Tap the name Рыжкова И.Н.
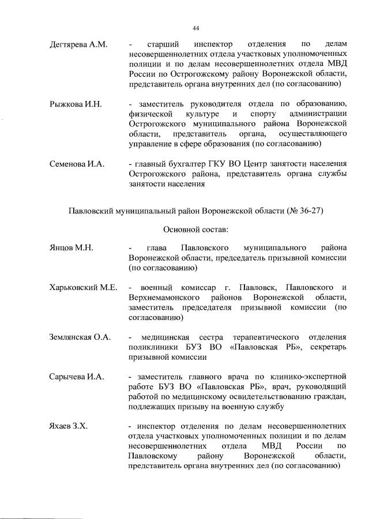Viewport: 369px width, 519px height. click(x=76, y=104)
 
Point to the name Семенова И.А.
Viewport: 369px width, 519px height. click(x=77, y=164)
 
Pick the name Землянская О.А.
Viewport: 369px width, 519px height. click(x=80, y=336)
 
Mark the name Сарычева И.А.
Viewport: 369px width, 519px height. click(x=77, y=377)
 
